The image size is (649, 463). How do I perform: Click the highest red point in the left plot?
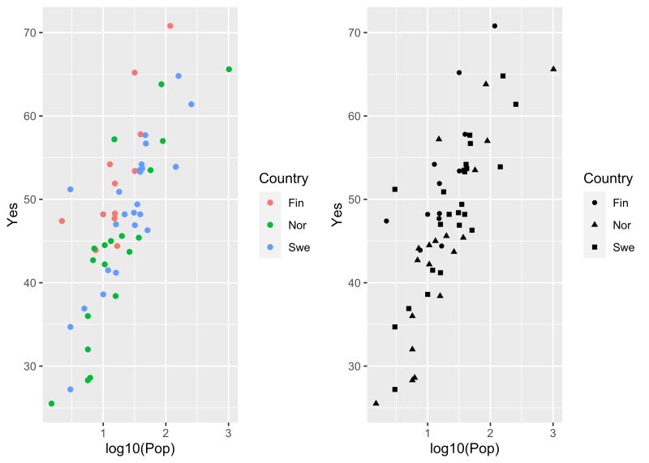[x=170, y=26]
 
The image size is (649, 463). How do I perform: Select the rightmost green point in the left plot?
[x=229, y=70]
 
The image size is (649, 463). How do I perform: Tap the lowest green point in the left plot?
[x=51, y=404]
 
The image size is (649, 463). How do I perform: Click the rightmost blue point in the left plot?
[x=191, y=105]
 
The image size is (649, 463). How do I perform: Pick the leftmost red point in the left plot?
[x=62, y=221]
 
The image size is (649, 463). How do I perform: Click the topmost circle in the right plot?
[x=495, y=26]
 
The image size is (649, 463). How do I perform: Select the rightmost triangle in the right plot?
[x=553, y=69]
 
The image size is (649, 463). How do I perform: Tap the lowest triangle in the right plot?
[x=376, y=403]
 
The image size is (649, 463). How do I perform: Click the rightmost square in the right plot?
[x=516, y=105]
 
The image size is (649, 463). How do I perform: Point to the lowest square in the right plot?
[x=395, y=389]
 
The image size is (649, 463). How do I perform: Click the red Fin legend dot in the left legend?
[x=269, y=203]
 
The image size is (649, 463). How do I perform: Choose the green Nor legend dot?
[x=269, y=225]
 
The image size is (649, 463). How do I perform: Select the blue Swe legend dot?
[x=269, y=247]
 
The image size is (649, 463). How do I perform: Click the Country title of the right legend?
[x=608, y=178]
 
